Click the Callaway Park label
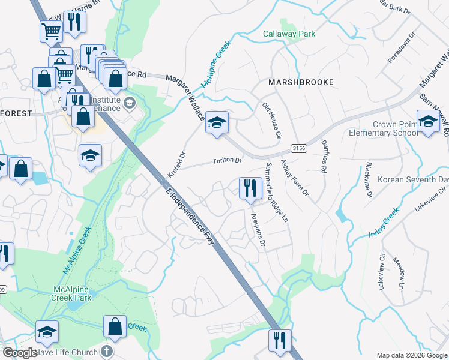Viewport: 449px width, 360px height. click(289, 34)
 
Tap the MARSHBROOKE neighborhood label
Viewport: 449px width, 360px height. click(300, 82)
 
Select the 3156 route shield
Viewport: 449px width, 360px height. click(297, 148)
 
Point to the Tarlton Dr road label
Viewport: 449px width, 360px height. click(226, 161)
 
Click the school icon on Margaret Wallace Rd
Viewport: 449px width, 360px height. click(217, 124)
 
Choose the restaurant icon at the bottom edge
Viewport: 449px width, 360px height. click(280, 341)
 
